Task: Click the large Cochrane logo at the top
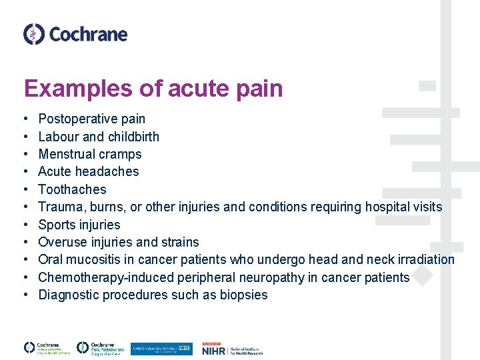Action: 75,33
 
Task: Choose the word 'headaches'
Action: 108,171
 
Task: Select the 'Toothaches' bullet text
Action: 72,189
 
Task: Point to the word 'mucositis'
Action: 93,259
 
